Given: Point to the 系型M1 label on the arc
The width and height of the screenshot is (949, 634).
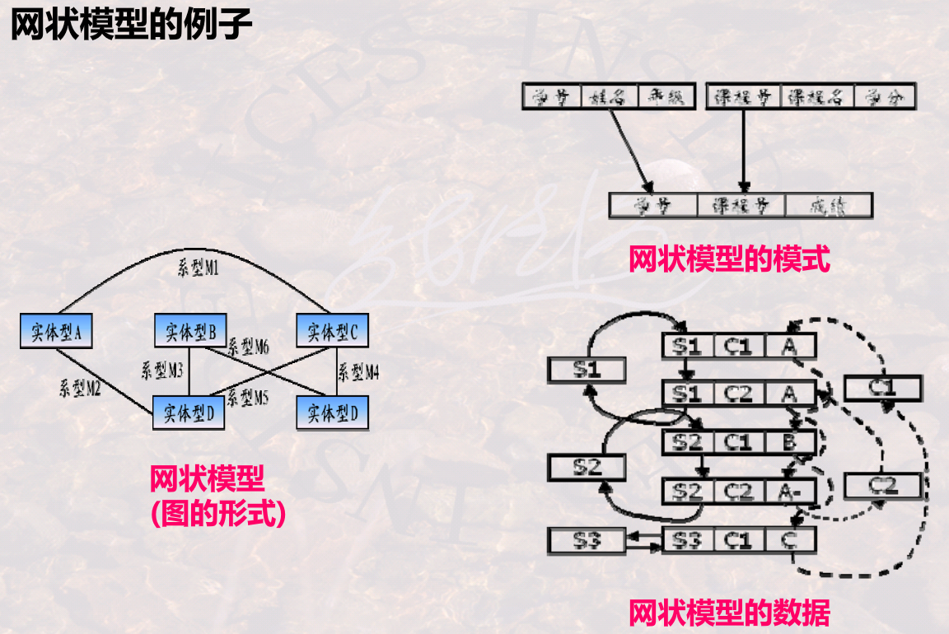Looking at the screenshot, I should point(199,268).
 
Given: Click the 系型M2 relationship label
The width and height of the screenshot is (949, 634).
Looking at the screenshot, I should point(80,388).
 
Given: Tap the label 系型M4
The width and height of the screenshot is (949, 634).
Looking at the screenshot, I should point(358,372).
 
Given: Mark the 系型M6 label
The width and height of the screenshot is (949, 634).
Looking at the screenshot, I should point(249,347).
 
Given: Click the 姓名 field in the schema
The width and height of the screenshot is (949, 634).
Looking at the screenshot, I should point(610,97).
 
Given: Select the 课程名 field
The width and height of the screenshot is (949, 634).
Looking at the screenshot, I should point(816,97).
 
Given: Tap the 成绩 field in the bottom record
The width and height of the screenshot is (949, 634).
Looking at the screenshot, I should point(828,206).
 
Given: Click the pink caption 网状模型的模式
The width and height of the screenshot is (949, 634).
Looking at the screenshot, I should point(729,261).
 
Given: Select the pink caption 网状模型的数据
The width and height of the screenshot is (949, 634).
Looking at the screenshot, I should point(729,613).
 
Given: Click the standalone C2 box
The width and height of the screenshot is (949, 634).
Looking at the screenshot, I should point(882,485).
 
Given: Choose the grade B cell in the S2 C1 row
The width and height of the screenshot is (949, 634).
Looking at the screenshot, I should point(789,443).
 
